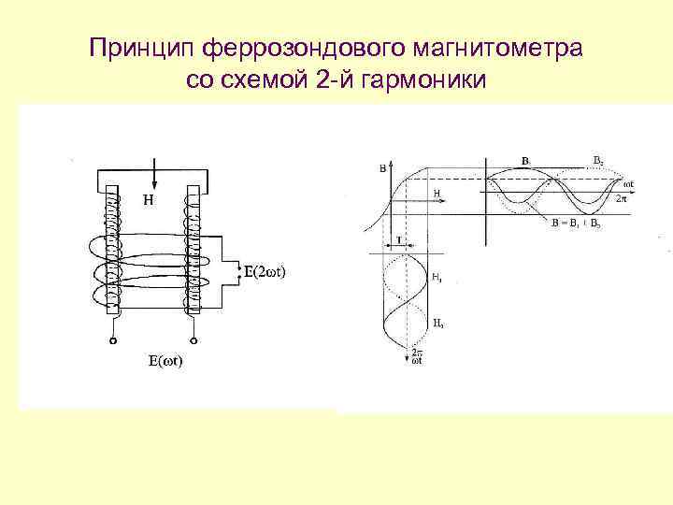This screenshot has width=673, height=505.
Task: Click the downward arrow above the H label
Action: [153, 172]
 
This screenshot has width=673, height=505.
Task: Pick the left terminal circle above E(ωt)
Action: [113, 341]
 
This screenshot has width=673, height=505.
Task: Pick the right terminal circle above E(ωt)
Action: [193, 341]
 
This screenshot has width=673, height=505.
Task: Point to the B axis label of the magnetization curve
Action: [381, 168]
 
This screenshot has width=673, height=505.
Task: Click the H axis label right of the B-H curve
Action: [437, 193]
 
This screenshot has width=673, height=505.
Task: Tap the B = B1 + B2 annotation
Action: [575, 224]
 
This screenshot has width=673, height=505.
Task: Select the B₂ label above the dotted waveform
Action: [598, 159]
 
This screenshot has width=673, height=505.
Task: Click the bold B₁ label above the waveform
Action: [526, 161]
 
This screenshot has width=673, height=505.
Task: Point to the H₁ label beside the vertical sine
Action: [437, 277]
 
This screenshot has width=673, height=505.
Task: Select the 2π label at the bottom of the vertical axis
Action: [418, 354]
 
